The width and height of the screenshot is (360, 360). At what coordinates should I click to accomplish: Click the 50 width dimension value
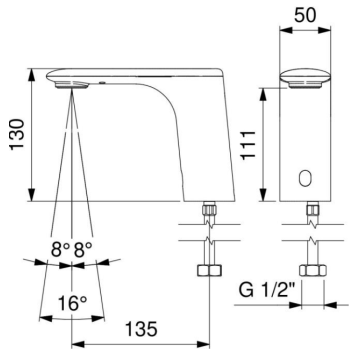coord(306,17)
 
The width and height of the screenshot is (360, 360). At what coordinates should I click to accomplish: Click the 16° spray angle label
coord(70,300)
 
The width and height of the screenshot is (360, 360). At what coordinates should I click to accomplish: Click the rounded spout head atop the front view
coord(306,75)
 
